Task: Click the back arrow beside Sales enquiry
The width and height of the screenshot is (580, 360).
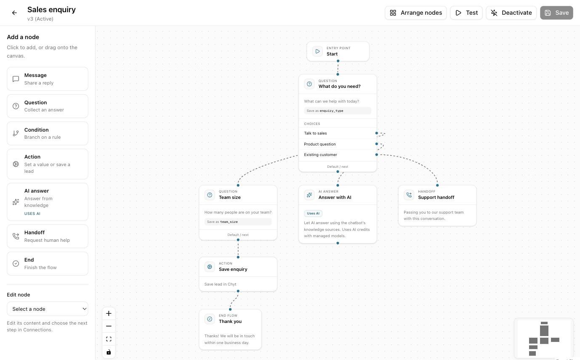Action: (x=14, y=13)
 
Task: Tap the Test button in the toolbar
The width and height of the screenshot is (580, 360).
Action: (x=466, y=13)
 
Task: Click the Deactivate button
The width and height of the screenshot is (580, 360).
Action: (x=511, y=13)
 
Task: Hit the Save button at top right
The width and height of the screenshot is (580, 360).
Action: (x=556, y=13)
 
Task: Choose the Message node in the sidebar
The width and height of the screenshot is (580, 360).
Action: (x=48, y=79)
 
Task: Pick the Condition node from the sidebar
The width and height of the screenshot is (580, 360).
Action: (x=48, y=133)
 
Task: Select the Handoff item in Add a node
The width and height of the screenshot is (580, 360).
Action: (x=48, y=236)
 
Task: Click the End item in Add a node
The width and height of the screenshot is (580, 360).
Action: (x=48, y=263)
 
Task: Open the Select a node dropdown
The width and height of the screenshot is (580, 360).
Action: (x=48, y=309)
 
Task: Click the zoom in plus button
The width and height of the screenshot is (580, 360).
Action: (x=109, y=313)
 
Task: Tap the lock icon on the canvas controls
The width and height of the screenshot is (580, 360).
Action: (x=109, y=352)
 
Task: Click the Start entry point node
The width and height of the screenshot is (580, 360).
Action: (x=338, y=51)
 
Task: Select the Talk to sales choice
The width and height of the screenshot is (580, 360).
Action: (x=315, y=133)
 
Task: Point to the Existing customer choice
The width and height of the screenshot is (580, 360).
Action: (x=320, y=155)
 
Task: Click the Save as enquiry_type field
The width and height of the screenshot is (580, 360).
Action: (x=338, y=111)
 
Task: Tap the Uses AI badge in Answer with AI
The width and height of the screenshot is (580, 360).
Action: (x=313, y=214)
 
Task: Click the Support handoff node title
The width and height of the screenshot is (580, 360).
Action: (x=436, y=197)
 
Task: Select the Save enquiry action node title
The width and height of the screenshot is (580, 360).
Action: (x=233, y=269)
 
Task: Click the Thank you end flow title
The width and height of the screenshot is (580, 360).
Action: (x=230, y=321)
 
